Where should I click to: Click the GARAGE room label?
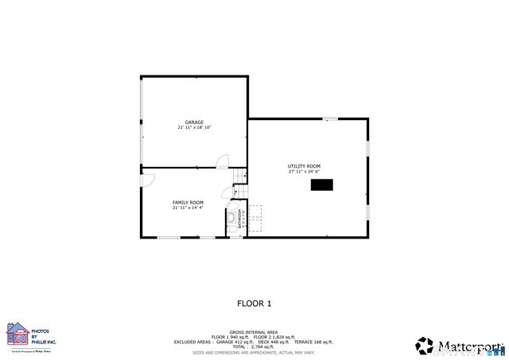pos(195,122)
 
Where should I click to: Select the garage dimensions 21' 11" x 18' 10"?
pos(195,127)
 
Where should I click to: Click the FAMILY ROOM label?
pos(188,203)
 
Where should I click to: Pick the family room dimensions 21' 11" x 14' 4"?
pos(188,207)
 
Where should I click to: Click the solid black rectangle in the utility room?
pos(321,185)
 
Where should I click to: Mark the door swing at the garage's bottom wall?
pos(223,161)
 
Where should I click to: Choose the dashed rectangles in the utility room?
pos(255,212)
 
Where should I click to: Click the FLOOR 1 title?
pos(254,303)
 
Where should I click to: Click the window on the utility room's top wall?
pos(330,119)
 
